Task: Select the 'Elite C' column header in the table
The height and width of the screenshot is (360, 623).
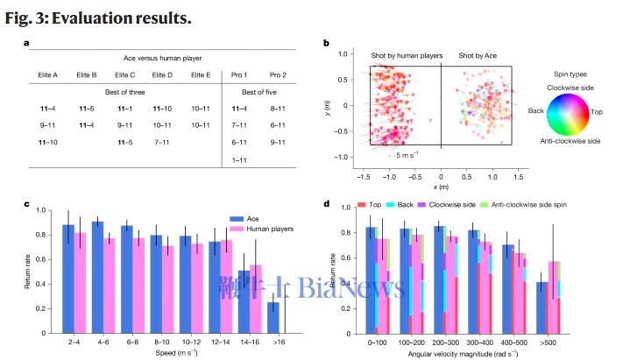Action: tap(125, 75)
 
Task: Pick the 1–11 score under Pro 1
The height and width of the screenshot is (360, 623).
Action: tap(239, 160)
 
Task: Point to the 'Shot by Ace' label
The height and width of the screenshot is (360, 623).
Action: tap(478, 55)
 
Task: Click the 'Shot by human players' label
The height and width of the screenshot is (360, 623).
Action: tap(401, 55)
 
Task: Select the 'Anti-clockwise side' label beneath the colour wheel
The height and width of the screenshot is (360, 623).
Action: tap(569, 141)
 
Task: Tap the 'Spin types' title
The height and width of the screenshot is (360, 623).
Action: tap(573, 75)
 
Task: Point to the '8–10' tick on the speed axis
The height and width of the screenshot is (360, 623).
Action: tap(156, 342)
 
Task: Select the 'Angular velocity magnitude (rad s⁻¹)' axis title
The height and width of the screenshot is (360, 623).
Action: tap(462, 353)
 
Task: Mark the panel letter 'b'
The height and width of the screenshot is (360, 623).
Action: tap(327, 44)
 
